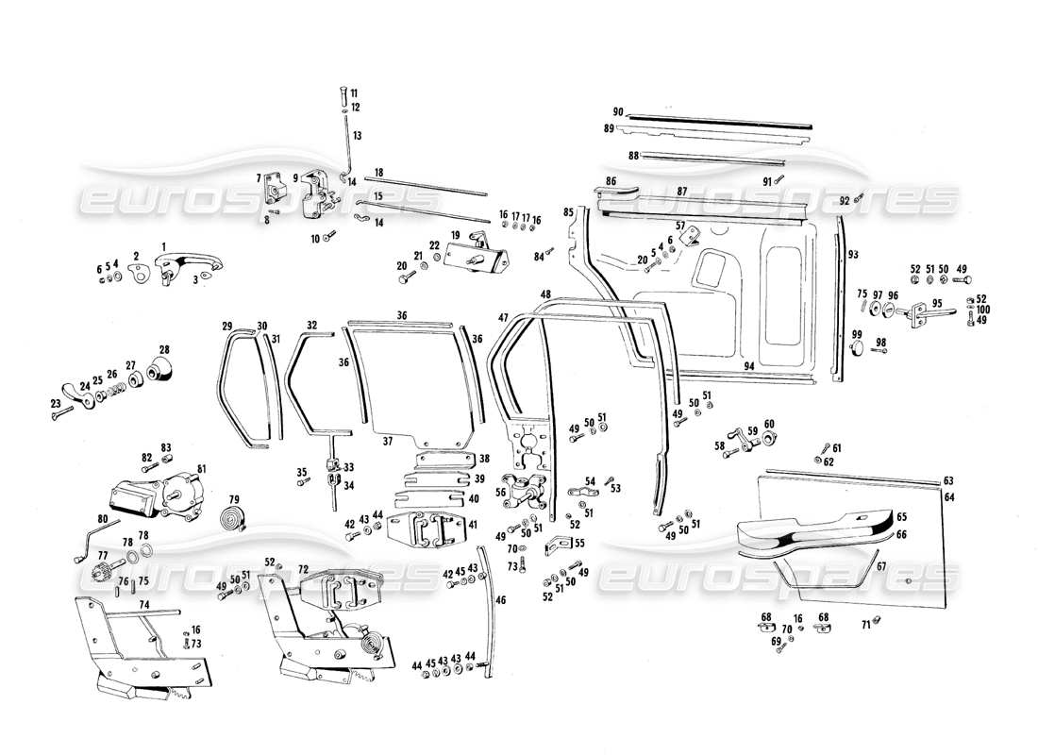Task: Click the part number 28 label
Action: click(164, 349)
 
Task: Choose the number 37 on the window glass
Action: click(387, 441)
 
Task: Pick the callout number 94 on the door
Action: click(748, 365)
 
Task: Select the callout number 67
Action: click(880, 567)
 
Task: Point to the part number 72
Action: click(303, 570)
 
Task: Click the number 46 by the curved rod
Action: click(500, 600)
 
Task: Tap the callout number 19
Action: click(454, 234)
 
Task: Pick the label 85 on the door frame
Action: click(568, 211)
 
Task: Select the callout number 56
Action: click(502, 492)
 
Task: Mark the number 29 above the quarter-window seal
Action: click(227, 326)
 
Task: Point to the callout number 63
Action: click(948, 480)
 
